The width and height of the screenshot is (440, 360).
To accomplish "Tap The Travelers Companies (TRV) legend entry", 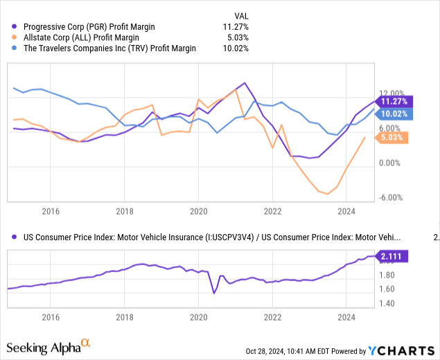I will [x=103, y=48].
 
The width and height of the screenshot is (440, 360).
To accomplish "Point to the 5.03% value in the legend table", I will [x=236, y=37].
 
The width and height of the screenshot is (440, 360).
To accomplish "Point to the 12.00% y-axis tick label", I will [x=392, y=93].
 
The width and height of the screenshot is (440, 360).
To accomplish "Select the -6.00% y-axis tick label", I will [x=392, y=197].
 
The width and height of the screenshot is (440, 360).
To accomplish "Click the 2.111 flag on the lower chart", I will [x=393, y=256].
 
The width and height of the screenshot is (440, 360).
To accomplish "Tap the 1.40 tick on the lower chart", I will [x=387, y=303].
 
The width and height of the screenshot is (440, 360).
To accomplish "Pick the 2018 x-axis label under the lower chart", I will [x=124, y=316].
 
